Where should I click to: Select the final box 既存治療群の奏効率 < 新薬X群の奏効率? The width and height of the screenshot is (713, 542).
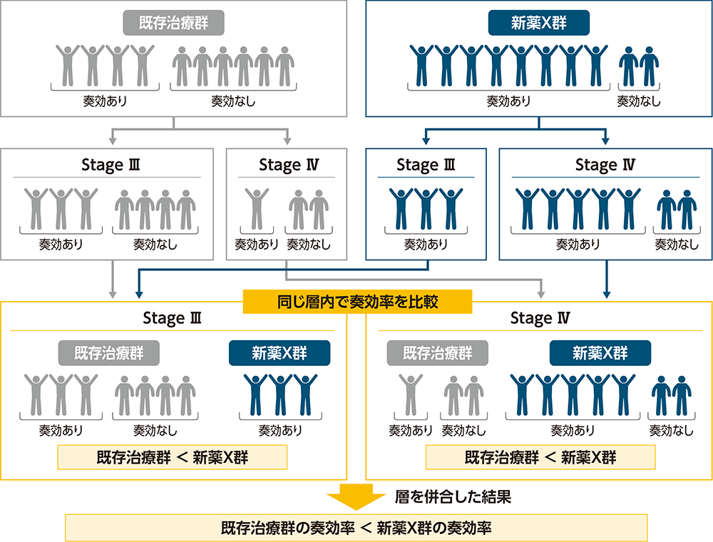pyautogui.click(x=356, y=528)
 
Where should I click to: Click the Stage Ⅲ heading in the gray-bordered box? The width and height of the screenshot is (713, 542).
pyautogui.click(x=111, y=165)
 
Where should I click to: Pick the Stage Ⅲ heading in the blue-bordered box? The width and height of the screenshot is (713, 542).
pyautogui.click(x=426, y=165)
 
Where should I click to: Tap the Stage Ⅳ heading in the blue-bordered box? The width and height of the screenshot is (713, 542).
pyautogui.click(x=605, y=165)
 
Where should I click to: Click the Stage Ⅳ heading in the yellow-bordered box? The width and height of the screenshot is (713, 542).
pyautogui.click(x=539, y=318)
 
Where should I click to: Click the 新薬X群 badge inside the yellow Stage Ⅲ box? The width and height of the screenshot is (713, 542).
pyautogui.click(x=279, y=352)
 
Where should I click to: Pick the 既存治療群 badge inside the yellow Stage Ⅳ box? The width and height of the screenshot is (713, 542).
pyautogui.click(x=438, y=352)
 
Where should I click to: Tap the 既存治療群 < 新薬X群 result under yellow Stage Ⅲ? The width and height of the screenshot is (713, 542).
pyautogui.click(x=173, y=457)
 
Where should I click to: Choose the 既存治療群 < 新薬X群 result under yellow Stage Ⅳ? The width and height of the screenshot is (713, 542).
pyautogui.click(x=540, y=457)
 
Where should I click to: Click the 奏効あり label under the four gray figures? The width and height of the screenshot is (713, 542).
pyautogui.click(x=105, y=101)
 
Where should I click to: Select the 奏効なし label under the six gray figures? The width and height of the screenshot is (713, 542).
pyautogui.click(x=232, y=101)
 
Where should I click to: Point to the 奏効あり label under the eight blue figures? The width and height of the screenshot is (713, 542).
pyautogui.click(x=508, y=101)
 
